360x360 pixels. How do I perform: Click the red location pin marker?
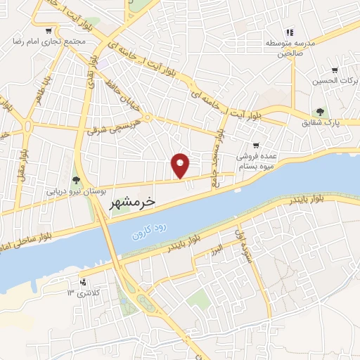(x=181, y=165)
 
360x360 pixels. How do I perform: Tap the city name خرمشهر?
(x=131, y=203)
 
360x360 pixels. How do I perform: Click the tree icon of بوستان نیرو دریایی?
(x=76, y=179)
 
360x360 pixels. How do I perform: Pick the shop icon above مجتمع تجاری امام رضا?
(x=48, y=31)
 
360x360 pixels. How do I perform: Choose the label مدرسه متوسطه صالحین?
(x=288, y=48)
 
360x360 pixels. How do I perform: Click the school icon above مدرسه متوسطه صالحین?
(x=289, y=32)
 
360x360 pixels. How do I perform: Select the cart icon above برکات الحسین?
(x=335, y=70)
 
